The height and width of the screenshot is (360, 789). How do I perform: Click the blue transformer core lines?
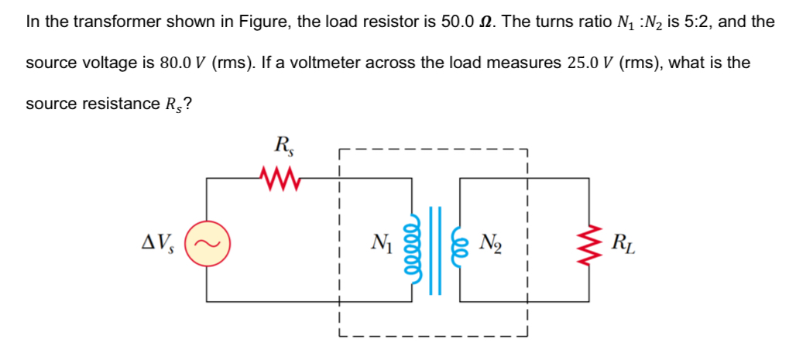point(438,246)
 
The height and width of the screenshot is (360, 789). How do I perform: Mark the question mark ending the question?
point(188,104)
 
